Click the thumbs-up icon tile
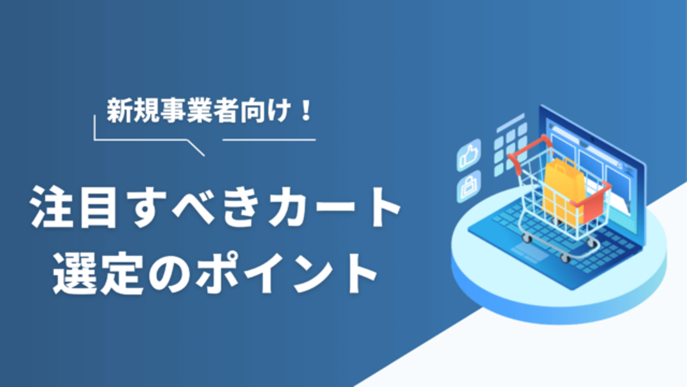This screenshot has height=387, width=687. click(469, 155)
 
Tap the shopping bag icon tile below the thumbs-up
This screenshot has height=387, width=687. click(469, 186)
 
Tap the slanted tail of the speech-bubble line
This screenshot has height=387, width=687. click(196, 148)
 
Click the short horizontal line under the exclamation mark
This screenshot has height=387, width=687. click(269, 139)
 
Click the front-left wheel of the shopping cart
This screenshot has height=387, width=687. click(527, 238)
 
